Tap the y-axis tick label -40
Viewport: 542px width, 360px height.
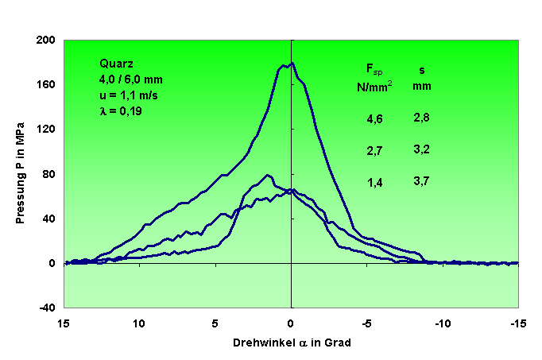[x=47, y=308]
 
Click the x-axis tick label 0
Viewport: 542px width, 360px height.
[x=292, y=323]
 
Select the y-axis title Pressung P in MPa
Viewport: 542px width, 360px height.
[x=21, y=173]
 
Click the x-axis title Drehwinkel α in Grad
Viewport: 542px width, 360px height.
[x=292, y=343]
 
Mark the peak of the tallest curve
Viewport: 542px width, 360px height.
[x=292, y=63]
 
